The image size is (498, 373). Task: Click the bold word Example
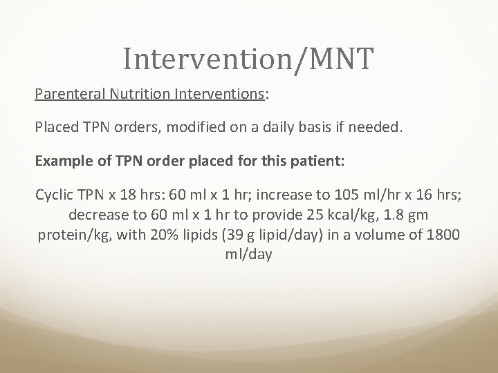[x=63, y=162]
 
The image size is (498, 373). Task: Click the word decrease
[x=94, y=215]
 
